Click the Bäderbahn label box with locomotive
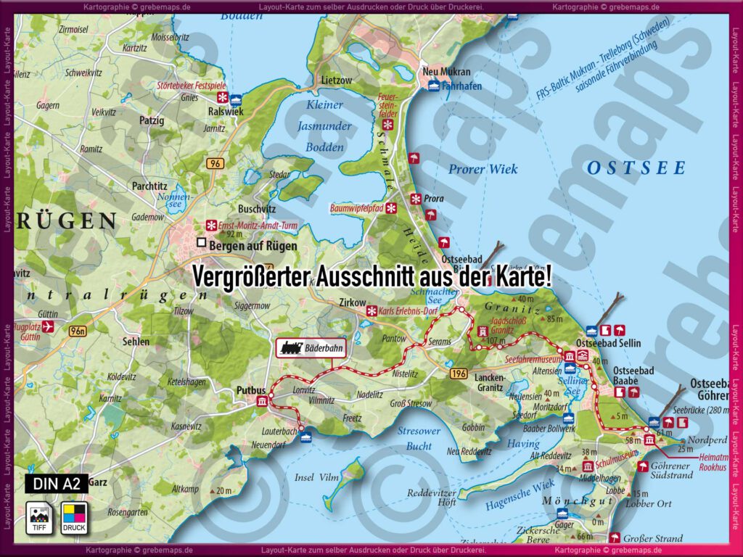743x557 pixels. (x=311, y=348)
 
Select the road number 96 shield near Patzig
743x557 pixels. (x=215, y=164)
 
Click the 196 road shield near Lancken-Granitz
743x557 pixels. (x=457, y=373)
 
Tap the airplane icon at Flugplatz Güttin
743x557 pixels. (x=49, y=327)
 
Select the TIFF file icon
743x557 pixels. (x=39, y=517)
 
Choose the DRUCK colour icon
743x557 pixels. (x=74, y=517)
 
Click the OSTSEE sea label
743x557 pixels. (x=636, y=168)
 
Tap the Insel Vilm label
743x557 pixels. (x=317, y=477)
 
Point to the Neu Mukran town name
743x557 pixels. (x=446, y=72)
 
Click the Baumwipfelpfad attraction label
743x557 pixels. (x=356, y=208)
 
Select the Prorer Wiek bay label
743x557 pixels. (x=483, y=169)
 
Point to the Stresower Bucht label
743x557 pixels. (x=419, y=438)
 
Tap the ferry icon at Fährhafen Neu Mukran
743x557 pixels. (x=433, y=86)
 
